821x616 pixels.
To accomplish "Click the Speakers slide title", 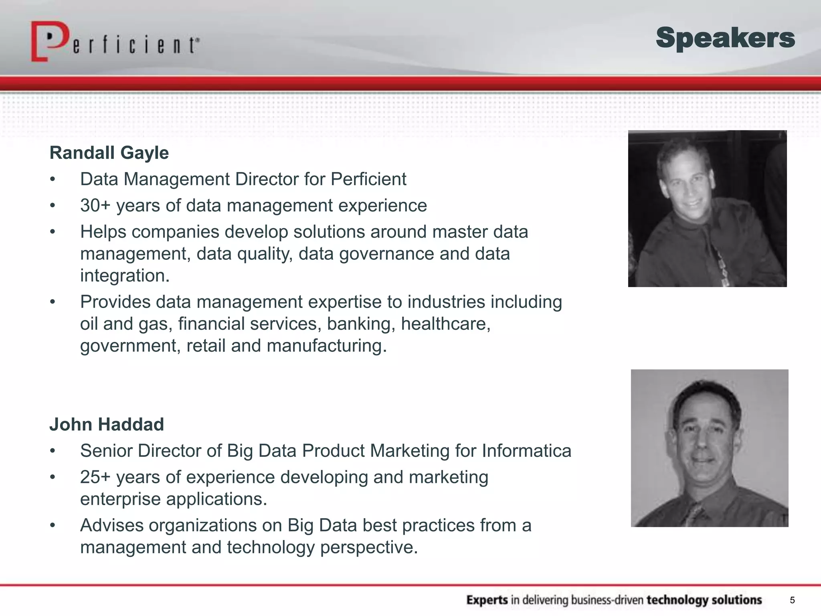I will pyautogui.click(x=725, y=38).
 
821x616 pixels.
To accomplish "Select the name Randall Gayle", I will pyautogui.click(x=109, y=153).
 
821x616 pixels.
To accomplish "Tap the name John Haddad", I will pyautogui.click(x=107, y=424).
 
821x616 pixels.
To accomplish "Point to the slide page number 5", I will pyautogui.click(x=792, y=600).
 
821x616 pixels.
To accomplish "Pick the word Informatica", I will pyautogui.click(x=526, y=451).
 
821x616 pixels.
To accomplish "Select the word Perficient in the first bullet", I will pyautogui.click(x=368, y=179).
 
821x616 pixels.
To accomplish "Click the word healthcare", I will pyautogui.click(x=445, y=324).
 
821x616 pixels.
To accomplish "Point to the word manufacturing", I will pyautogui.click(x=326, y=346).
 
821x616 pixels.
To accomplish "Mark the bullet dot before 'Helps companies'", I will pyautogui.click(x=53, y=232).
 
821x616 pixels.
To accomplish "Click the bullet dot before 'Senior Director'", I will pyautogui.click(x=53, y=451).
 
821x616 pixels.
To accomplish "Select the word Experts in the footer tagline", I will pyautogui.click(x=487, y=600).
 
